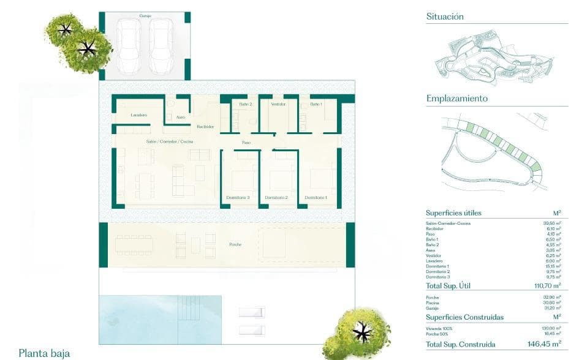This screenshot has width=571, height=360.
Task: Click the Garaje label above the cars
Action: click(145, 16)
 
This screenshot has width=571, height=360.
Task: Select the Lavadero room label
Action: click(138, 115)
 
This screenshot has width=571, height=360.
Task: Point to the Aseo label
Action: click(180, 117)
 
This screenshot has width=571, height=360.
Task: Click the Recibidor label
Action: click(205, 127)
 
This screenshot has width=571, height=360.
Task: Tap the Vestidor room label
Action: click(278, 104)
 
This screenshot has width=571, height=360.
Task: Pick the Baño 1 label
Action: click(316, 104)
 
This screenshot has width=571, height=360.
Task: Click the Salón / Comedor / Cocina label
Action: click(170, 141)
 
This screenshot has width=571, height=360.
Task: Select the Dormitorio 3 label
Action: click(238, 197)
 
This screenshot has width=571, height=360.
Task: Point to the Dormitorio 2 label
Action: click(276, 197)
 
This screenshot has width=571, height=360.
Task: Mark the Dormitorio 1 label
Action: click(316, 197)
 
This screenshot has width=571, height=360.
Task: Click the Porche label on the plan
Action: click(235, 244)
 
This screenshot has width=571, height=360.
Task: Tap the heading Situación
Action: click(445, 17)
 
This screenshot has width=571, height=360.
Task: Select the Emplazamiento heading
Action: click(456, 98)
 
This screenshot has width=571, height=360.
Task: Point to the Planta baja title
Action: click(44, 353)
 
